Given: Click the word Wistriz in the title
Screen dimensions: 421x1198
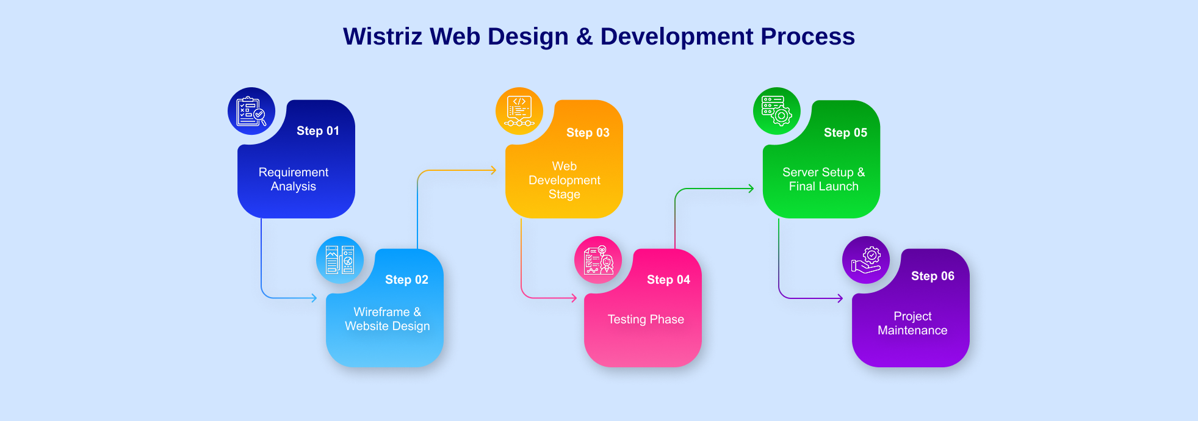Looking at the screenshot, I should coord(382,37).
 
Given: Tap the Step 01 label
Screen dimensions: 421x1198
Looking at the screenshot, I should coord(317,131).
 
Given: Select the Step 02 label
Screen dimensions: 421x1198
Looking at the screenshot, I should coord(406,279).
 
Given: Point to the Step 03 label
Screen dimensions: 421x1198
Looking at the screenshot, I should coord(588,132).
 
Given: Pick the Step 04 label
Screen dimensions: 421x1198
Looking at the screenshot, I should coord(668,279).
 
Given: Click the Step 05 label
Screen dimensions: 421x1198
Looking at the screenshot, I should coord(845,132).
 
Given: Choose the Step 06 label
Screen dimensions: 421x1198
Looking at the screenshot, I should coord(933,276).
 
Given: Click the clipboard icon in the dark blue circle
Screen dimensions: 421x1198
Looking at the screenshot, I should coord(251,111).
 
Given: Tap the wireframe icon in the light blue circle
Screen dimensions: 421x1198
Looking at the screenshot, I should coord(340,260).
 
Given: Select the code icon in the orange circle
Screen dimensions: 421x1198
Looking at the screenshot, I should coord(519,111).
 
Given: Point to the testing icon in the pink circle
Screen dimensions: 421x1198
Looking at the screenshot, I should coord(598,260).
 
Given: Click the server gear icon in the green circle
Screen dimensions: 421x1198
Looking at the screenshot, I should coord(776,111).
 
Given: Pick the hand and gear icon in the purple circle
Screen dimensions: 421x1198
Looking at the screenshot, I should coord(866,260).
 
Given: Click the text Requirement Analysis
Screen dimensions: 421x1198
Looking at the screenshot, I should coord(294,179).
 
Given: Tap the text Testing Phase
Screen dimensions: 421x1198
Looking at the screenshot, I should coord(646,319).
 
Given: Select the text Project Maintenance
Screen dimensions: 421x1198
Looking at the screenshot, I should coord(912,323).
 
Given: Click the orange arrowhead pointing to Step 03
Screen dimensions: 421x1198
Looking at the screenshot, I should coord(494,170).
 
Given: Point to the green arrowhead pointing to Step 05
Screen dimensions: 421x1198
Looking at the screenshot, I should coord(751,189).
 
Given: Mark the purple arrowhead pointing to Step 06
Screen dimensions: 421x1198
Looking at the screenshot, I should coord(840,298).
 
